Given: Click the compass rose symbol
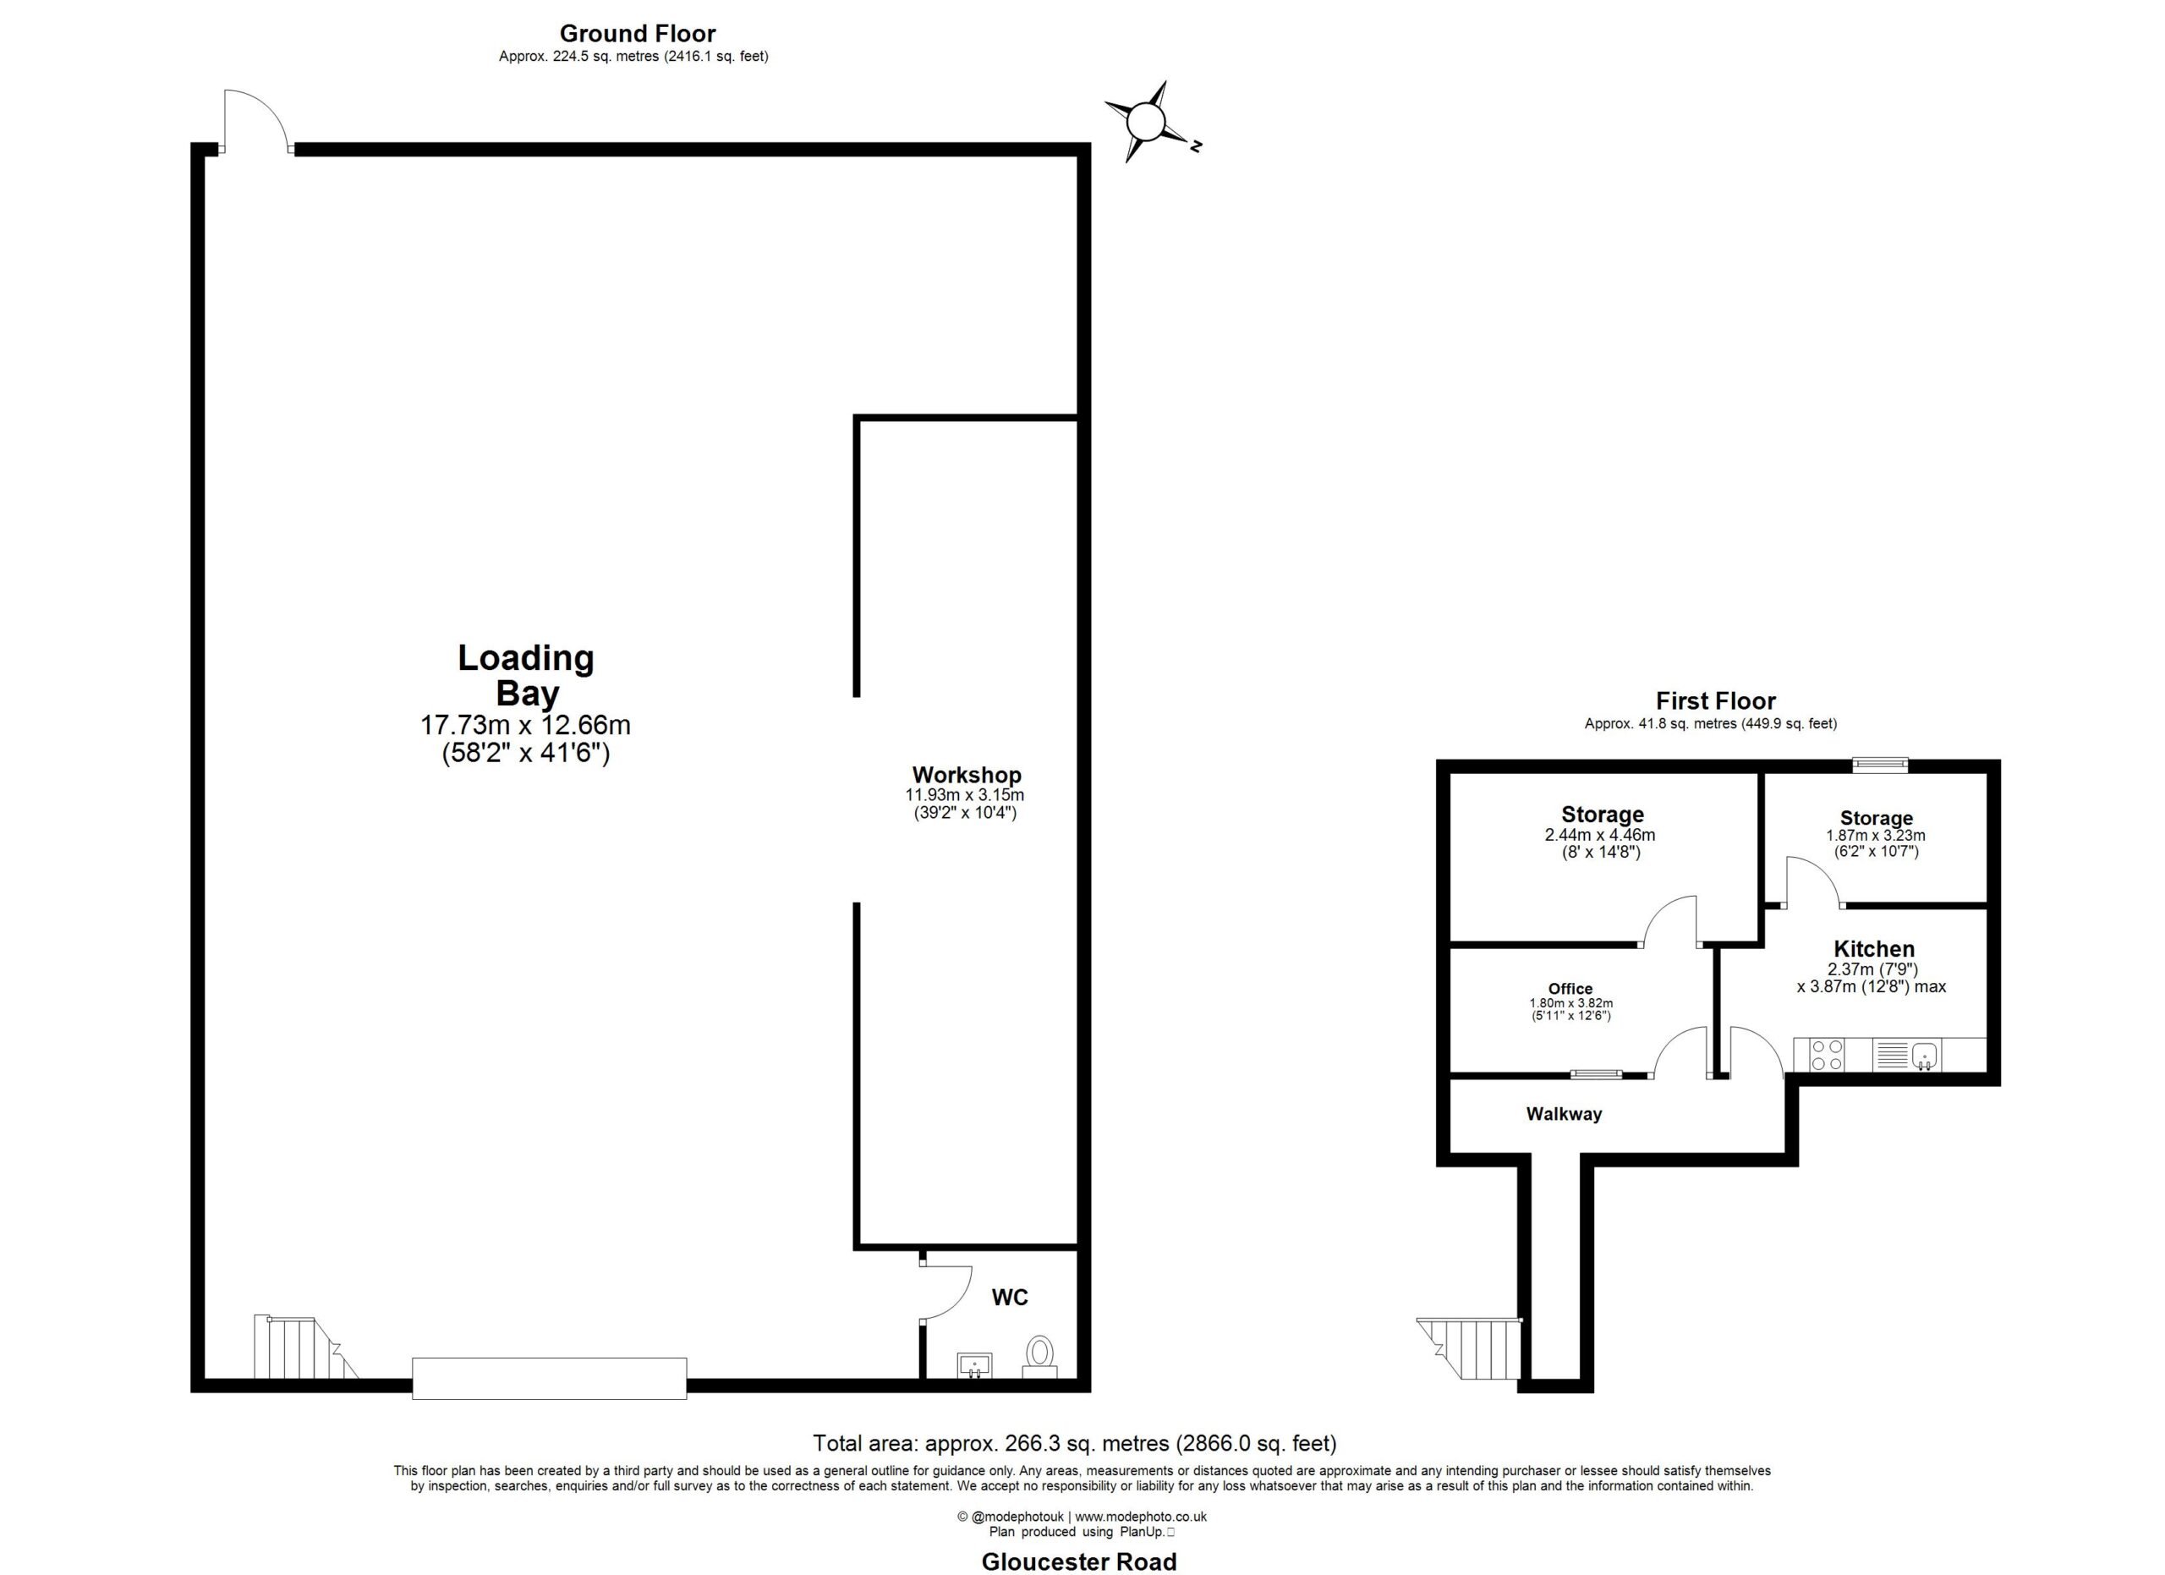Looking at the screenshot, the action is point(1145,122).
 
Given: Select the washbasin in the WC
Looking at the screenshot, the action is point(973,1366).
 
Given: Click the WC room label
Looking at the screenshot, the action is point(1009,1298).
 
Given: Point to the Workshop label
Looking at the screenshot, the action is point(966,775).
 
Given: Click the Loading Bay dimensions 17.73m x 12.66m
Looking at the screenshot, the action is point(525,725).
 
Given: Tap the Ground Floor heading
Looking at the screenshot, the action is point(638,33).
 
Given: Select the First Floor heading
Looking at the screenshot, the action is point(1715,701).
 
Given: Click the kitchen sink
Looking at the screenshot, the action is point(1923,1056).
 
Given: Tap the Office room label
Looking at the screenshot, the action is point(1570,989).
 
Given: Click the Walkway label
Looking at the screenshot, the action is point(1564,1114).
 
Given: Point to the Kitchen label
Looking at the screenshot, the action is point(1874,949).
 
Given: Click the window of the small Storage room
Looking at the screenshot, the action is point(1880,764).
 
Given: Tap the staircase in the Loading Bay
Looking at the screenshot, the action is point(304,1347).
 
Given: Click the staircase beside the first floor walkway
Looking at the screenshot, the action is point(1469,1349).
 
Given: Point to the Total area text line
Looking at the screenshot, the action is point(1074,1443).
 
